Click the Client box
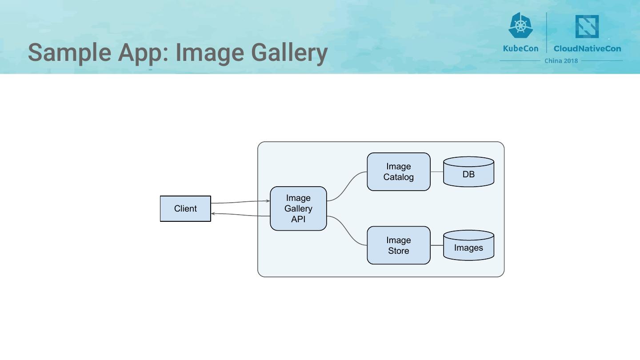coord(185,208)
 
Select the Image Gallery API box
coord(298,208)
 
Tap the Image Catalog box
coord(398,172)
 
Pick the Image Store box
coord(398,245)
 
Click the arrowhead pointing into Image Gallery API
coord(268,201)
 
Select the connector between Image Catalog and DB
coord(437,172)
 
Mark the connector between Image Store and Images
coord(437,245)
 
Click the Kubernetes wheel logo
coord(520,25)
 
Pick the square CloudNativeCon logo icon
coord(587,27)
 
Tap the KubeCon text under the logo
coord(520,48)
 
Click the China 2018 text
coord(561,61)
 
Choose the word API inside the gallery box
coord(298,219)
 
